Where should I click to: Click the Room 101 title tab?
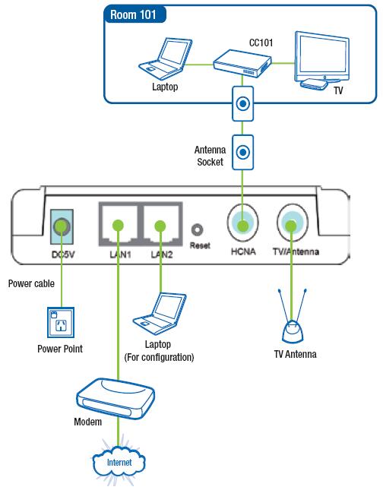click(x=135, y=14)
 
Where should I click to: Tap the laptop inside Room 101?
click(x=165, y=58)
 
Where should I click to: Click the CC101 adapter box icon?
click(x=242, y=64)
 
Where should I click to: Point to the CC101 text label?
click(x=261, y=43)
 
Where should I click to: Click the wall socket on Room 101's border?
click(x=242, y=104)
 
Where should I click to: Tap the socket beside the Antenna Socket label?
click(x=242, y=152)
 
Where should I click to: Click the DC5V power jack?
click(x=62, y=226)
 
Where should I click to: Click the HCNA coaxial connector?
click(x=243, y=223)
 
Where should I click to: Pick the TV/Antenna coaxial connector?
click(x=292, y=223)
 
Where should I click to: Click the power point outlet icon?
click(x=61, y=323)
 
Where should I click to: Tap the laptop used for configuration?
click(x=160, y=314)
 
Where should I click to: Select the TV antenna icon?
click(x=293, y=315)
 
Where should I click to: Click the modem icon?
click(x=116, y=399)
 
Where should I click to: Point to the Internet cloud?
click(x=119, y=463)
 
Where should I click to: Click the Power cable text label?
click(x=31, y=283)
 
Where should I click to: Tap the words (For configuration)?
click(x=159, y=357)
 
